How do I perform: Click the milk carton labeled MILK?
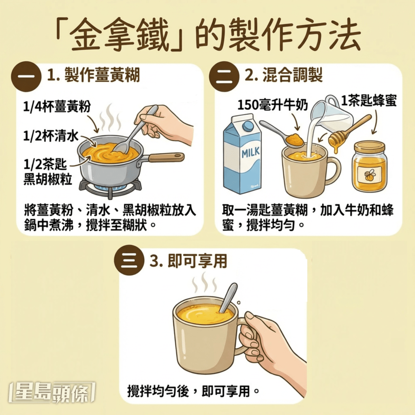[x=242, y=156]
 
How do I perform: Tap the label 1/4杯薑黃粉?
[x=56, y=107]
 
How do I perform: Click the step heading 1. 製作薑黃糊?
[x=94, y=75]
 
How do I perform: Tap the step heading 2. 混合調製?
[x=284, y=75]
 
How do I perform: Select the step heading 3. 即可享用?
[x=188, y=261]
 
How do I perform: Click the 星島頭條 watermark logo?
[x=51, y=393]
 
